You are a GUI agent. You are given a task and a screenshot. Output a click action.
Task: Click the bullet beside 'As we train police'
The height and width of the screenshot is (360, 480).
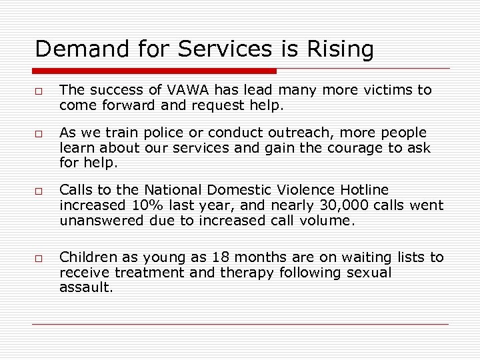pos(40,133)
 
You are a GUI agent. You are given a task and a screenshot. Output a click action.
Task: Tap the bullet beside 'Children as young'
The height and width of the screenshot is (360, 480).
pos(40,259)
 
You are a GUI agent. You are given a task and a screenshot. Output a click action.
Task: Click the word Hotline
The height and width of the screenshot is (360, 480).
pos(361,191)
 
